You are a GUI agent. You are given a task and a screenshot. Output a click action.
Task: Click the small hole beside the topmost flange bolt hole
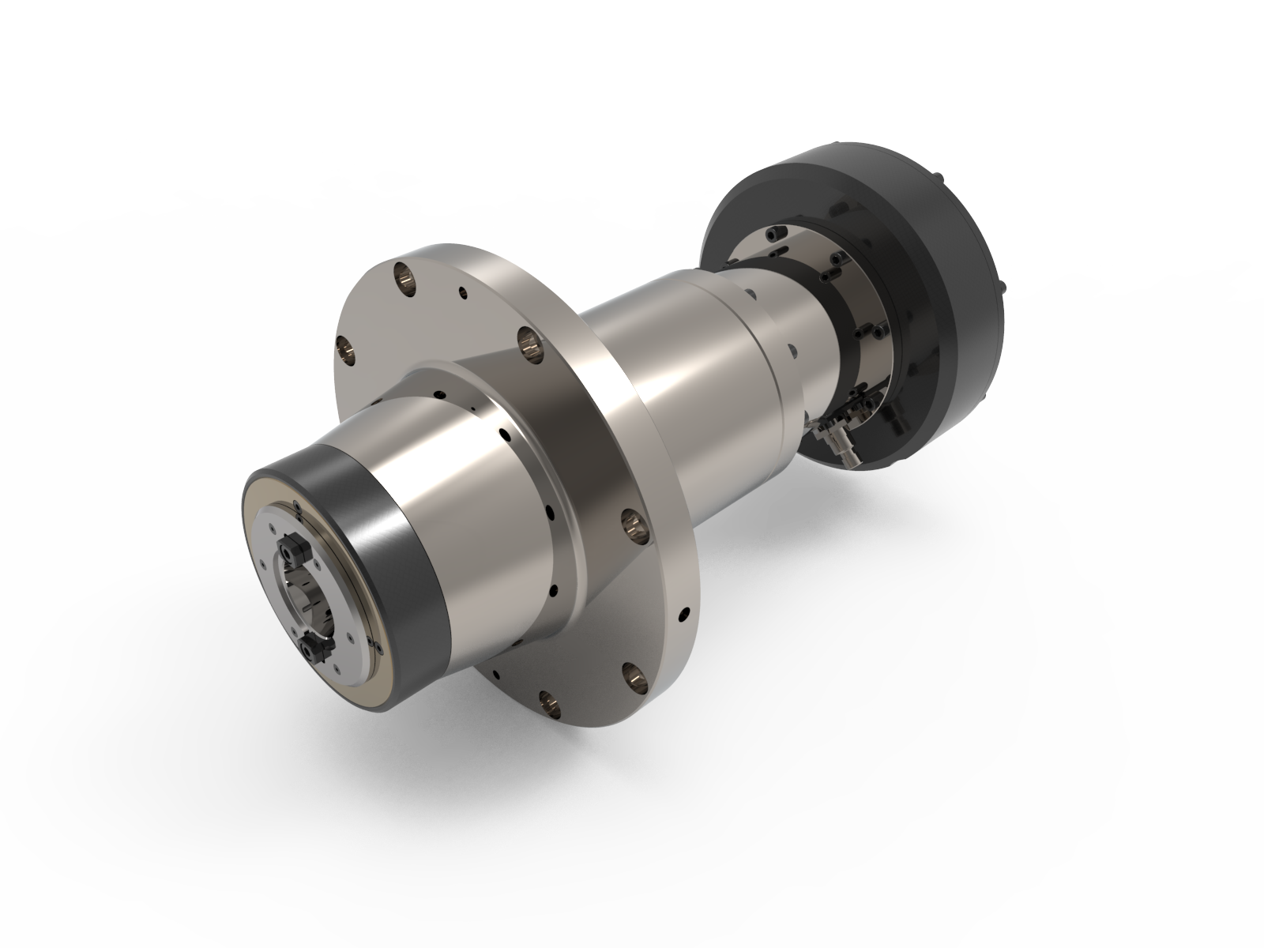tap(461, 293)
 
